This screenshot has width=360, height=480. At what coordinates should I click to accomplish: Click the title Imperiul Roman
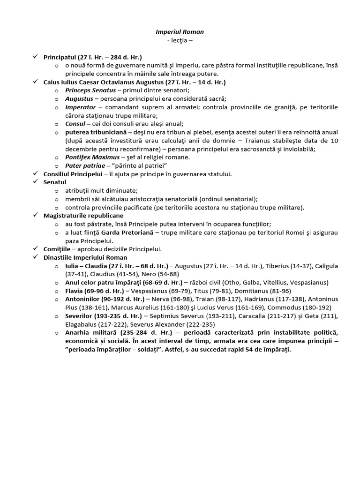point(180,32)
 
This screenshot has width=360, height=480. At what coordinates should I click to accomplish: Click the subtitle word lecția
point(180,40)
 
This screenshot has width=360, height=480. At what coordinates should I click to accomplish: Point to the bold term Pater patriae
point(83,165)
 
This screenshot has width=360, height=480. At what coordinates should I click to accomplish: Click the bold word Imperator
point(80,107)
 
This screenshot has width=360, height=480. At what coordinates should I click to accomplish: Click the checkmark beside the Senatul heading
point(35,182)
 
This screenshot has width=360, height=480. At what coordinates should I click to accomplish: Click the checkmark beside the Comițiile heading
point(35,249)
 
